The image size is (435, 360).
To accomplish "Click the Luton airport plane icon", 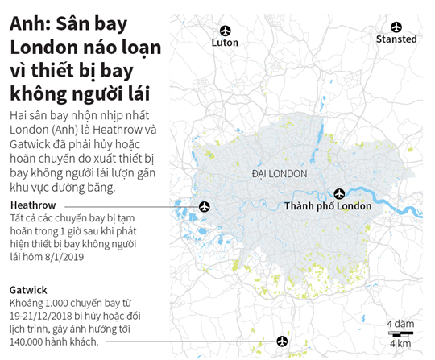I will [225, 27].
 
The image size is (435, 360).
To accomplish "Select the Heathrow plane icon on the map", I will [204, 207].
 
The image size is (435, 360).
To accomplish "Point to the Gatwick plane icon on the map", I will [282, 341].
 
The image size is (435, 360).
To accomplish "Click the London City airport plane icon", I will [339, 193].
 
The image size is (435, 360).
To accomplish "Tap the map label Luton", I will [225, 43].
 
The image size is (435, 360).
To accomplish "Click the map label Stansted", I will [396, 39].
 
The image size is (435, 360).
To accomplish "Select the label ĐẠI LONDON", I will [279, 174].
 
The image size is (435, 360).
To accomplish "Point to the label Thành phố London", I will [327, 207].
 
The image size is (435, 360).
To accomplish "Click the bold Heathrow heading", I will [33, 205].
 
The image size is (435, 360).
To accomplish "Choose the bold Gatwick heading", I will [28, 289].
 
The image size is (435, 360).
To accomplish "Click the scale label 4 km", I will [400, 344].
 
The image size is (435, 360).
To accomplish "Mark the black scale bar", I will [400, 333].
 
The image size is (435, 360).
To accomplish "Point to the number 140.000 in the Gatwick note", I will [31, 342].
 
